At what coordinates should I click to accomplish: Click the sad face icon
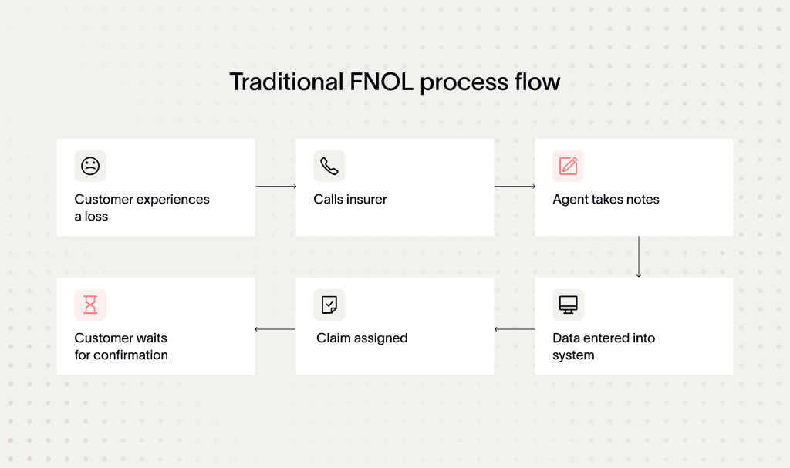(90, 166)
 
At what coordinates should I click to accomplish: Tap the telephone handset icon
(329, 166)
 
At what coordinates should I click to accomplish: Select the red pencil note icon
(569, 166)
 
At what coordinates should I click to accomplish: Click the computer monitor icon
(569, 305)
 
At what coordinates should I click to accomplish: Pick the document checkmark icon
(329, 305)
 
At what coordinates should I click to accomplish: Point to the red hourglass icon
(90, 305)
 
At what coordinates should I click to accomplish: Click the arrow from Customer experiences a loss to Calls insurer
(275, 187)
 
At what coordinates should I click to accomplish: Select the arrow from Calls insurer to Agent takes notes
(515, 187)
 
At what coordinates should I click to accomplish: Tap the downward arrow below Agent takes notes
(639, 257)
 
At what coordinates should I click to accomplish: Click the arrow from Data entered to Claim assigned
(515, 329)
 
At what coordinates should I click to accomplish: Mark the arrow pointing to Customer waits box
(275, 329)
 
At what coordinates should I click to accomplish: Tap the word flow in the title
(537, 82)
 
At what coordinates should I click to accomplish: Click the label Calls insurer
(350, 200)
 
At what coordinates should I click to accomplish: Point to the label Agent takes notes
(606, 200)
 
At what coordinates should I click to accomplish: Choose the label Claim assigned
(362, 338)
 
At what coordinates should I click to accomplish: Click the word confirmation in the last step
(130, 355)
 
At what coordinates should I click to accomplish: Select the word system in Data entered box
(573, 355)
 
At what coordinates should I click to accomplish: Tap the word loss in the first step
(96, 217)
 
